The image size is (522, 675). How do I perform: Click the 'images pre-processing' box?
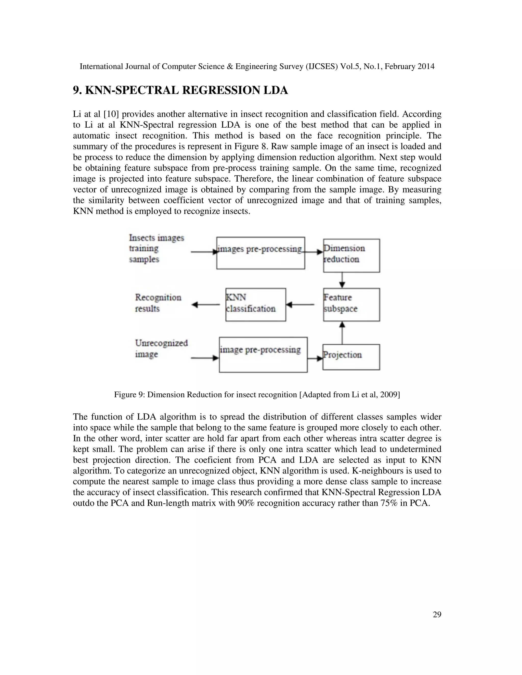point(260,253)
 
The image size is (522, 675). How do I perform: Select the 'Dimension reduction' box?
point(351,255)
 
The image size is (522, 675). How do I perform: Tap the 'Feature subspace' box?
point(351,304)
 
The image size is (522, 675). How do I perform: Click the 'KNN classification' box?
point(255,304)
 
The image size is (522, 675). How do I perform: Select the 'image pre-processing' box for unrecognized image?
point(263,355)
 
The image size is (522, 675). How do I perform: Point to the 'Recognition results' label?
point(158,303)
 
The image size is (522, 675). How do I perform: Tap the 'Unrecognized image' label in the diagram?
point(161,348)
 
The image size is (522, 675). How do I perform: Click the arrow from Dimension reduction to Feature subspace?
point(342,280)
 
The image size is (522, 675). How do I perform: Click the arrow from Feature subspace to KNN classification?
point(300,305)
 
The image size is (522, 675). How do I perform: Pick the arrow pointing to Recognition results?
point(206,305)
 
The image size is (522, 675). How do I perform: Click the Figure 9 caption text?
point(257,395)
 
